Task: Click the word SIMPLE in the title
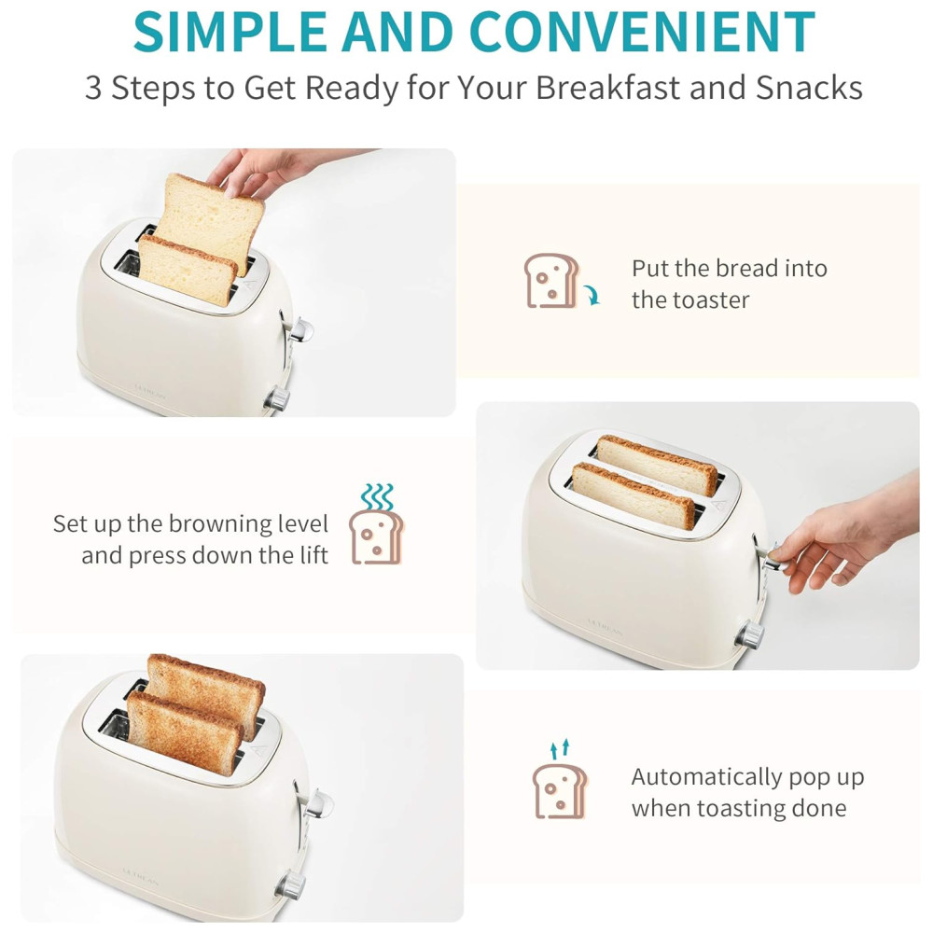230,32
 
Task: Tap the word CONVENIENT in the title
643,32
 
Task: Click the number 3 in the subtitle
92,88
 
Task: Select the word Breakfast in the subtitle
607,88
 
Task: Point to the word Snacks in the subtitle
809,88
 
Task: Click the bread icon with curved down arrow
561,281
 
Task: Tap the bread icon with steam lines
376,523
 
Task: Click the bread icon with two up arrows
559,779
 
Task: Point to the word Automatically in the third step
706,778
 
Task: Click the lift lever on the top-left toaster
301,329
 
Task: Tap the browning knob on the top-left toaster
277,398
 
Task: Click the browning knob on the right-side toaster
749,634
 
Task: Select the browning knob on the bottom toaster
290,884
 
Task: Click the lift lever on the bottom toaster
319,802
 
